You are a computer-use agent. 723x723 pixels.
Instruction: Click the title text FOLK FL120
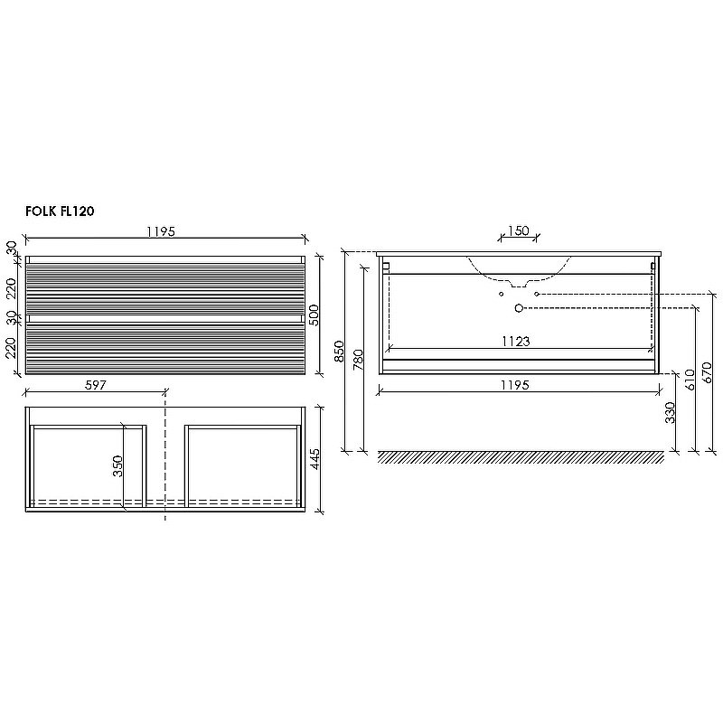[61, 211]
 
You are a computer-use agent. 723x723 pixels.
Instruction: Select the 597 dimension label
[96, 384]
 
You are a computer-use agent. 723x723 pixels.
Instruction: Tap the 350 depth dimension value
[117, 466]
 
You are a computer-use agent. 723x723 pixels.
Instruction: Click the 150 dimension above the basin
[517, 230]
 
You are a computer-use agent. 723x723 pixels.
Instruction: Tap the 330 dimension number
[670, 412]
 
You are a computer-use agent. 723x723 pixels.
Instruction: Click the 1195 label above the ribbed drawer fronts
[161, 231]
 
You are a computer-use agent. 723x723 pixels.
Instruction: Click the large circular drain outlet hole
[519, 308]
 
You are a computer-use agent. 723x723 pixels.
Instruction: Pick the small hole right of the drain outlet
[536, 295]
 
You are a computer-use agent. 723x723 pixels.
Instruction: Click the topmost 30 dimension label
[13, 248]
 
